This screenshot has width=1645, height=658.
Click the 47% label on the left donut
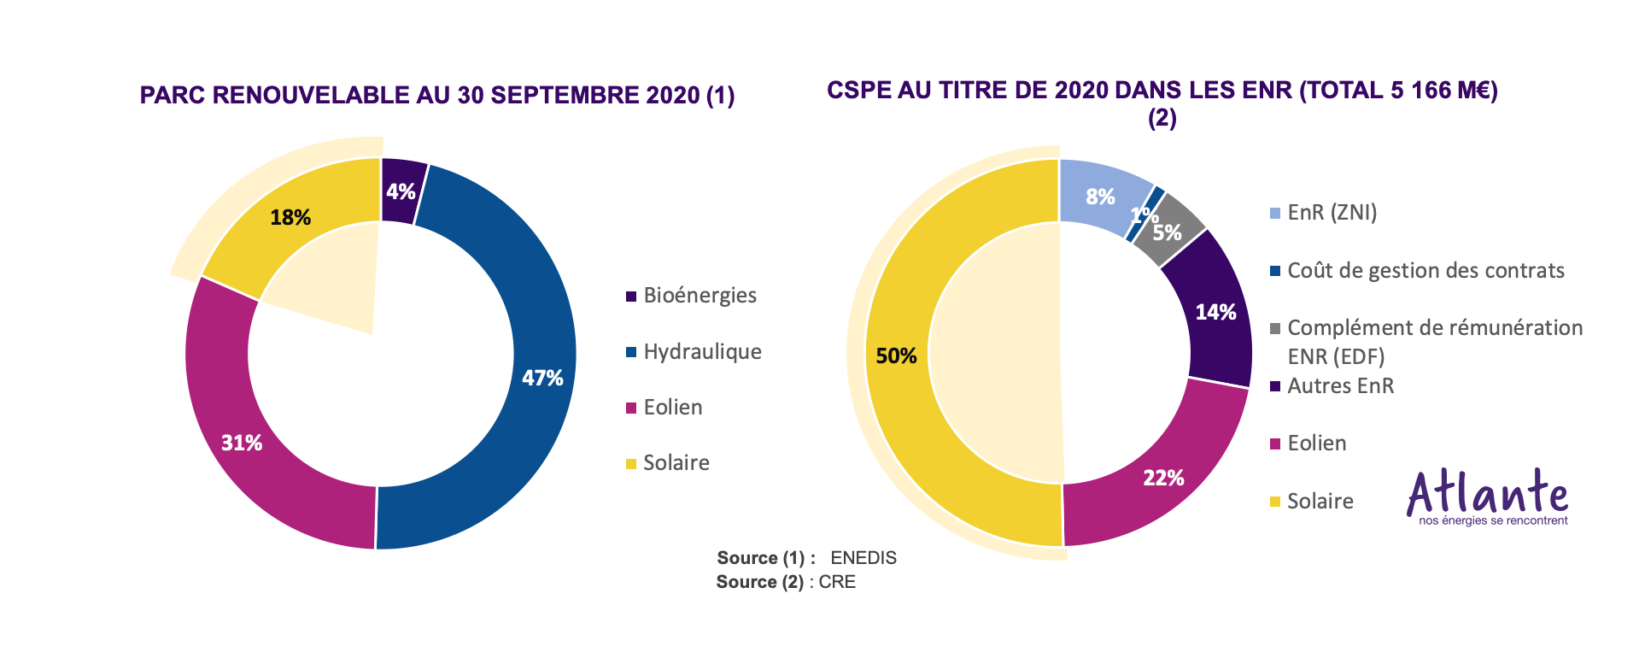click(542, 378)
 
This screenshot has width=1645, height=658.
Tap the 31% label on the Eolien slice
click(242, 443)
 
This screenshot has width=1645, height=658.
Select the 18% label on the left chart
click(290, 218)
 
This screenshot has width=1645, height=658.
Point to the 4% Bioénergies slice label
click(401, 191)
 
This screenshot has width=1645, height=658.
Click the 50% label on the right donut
click(896, 355)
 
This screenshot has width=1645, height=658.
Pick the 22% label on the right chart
click(1163, 478)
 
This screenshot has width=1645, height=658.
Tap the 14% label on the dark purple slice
click(1215, 312)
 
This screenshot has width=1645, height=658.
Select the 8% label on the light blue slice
click(1100, 197)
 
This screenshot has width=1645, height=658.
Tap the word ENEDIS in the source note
click(863, 558)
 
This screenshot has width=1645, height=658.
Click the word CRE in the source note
click(837, 582)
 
